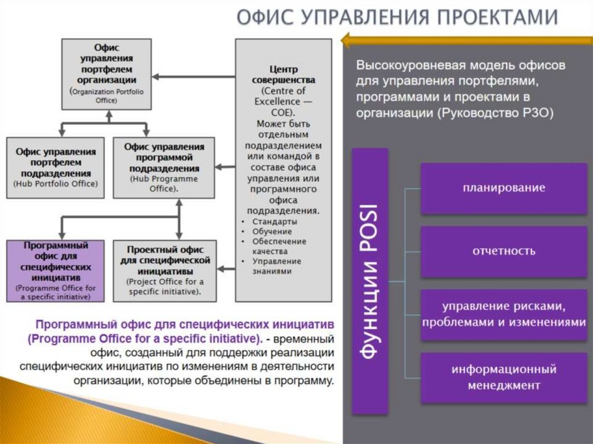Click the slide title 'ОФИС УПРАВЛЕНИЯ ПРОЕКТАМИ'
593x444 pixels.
[x=397, y=18]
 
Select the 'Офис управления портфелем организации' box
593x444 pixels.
[x=107, y=74]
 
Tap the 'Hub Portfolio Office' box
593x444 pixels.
[x=56, y=167]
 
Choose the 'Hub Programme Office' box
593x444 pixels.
[x=164, y=167]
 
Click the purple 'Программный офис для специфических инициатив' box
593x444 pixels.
[x=56, y=270]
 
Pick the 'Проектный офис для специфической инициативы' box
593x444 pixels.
[x=164, y=270]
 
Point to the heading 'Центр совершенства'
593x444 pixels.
[x=284, y=75]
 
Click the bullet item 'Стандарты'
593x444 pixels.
[x=275, y=222]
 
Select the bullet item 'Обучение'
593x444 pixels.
[x=272, y=232]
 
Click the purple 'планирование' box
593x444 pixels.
[x=504, y=188]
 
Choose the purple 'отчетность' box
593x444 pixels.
[x=504, y=251]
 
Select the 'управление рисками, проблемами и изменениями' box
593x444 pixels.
[x=504, y=314]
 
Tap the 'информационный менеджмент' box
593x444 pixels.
[x=504, y=377]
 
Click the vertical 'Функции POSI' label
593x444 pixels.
[x=370, y=281]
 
